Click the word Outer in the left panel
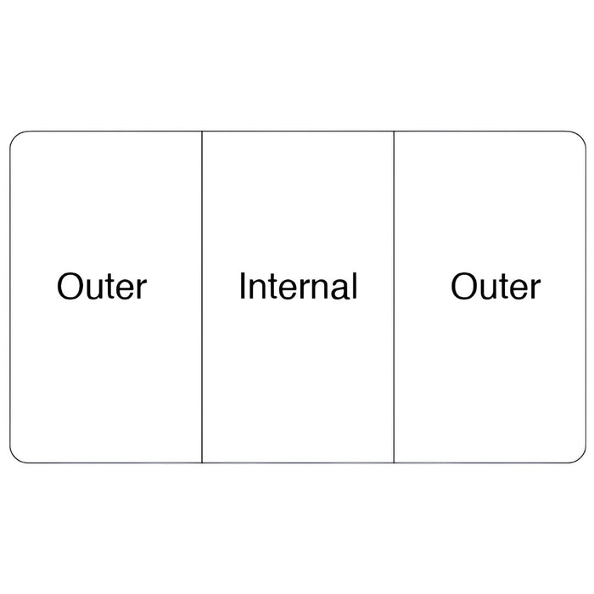pyautogui.click(x=102, y=286)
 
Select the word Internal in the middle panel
pyautogui.click(x=298, y=286)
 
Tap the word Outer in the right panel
pyautogui.click(x=496, y=286)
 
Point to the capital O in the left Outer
pyautogui.click(x=70, y=286)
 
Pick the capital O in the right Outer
pyautogui.click(x=464, y=286)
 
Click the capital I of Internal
pyautogui.click(x=242, y=286)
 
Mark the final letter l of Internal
pyautogui.click(x=355, y=286)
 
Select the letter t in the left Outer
pyautogui.click(x=111, y=287)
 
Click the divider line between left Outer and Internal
pyautogui.click(x=202, y=297)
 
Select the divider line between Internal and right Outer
pyautogui.click(x=394, y=297)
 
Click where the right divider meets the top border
pyautogui.click(x=394, y=132)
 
